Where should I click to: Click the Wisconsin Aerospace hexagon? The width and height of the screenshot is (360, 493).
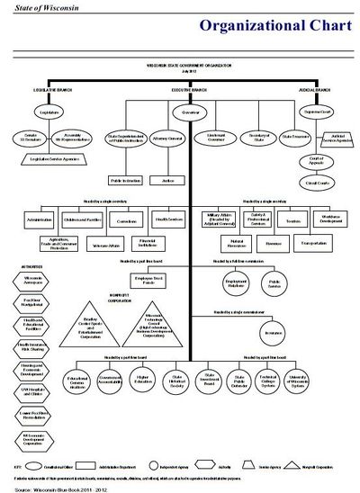[31, 281]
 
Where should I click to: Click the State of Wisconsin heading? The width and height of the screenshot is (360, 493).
[31, 6]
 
